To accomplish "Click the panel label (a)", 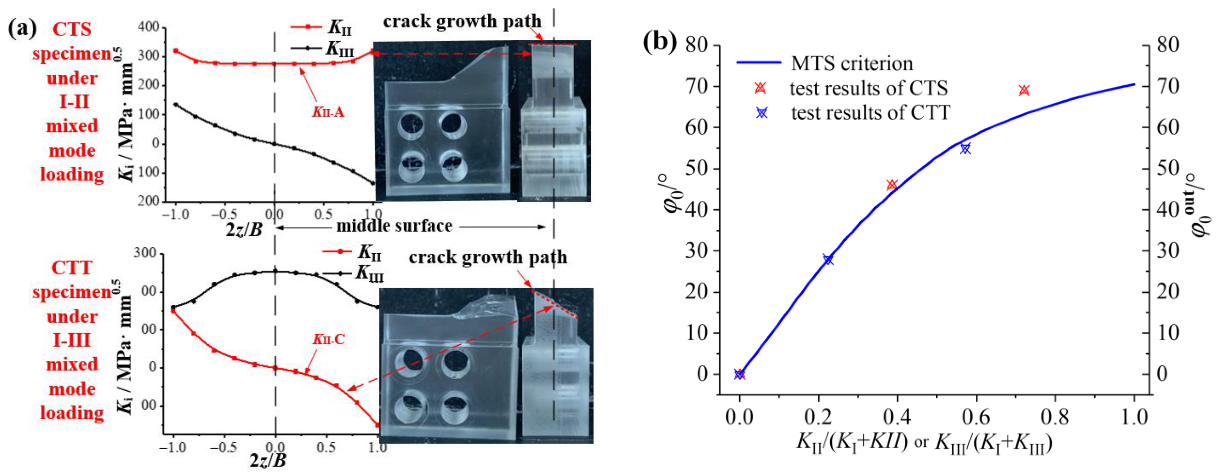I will (22, 29).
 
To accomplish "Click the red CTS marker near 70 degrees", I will (1024, 90).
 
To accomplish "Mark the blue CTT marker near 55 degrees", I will (965, 148).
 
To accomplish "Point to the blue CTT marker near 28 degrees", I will (828, 259).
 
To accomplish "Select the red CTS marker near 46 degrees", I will (892, 185).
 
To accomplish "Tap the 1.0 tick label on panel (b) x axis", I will (1134, 417).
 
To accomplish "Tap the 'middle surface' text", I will (394, 226).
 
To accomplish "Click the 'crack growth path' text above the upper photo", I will (462, 21).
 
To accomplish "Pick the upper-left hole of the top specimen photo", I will (411, 125).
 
